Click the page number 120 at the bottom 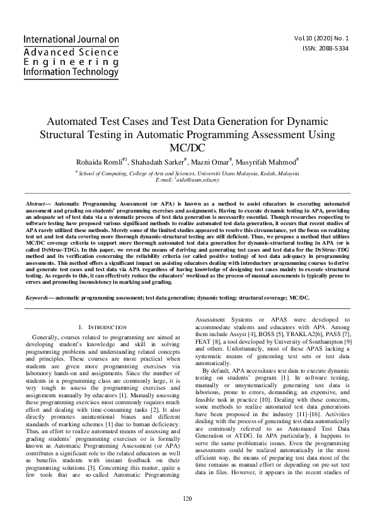[x=187, y=517]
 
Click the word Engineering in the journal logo [x=71, y=62]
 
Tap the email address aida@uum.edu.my [x=201, y=180]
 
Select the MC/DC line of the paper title [x=187, y=148]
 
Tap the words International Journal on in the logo [x=71, y=39]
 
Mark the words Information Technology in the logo [x=71, y=73]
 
